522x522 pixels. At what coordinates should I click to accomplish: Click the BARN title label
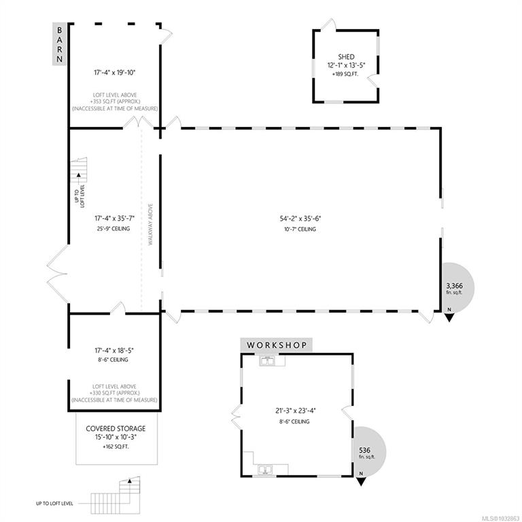(60, 45)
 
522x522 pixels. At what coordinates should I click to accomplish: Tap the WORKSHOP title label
(277, 345)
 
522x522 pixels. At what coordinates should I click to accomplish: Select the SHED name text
(346, 57)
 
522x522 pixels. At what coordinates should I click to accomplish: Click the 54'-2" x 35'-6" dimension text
(300, 219)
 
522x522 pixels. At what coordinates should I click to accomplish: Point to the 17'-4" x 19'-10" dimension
(114, 72)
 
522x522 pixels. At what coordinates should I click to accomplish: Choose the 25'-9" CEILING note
(114, 228)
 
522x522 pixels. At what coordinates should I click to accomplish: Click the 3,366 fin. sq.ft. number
(455, 285)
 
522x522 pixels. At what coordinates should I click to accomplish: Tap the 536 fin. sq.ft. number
(364, 450)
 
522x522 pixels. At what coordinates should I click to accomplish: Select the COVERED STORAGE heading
(116, 428)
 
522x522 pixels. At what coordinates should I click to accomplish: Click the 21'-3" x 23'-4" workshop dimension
(295, 411)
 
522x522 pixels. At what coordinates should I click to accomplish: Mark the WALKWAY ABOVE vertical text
(150, 224)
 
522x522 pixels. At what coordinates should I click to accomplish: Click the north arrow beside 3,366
(449, 317)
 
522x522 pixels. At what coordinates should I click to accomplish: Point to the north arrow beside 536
(361, 481)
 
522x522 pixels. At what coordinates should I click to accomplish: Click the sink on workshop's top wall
(267, 360)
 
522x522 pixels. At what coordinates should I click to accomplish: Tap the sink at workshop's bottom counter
(265, 470)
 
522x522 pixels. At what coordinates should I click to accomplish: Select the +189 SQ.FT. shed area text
(345, 74)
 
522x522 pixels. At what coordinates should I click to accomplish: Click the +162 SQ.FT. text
(116, 447)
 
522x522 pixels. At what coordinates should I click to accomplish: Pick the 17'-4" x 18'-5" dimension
(114, 351)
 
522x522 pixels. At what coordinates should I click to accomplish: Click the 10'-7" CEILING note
(300, 229)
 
